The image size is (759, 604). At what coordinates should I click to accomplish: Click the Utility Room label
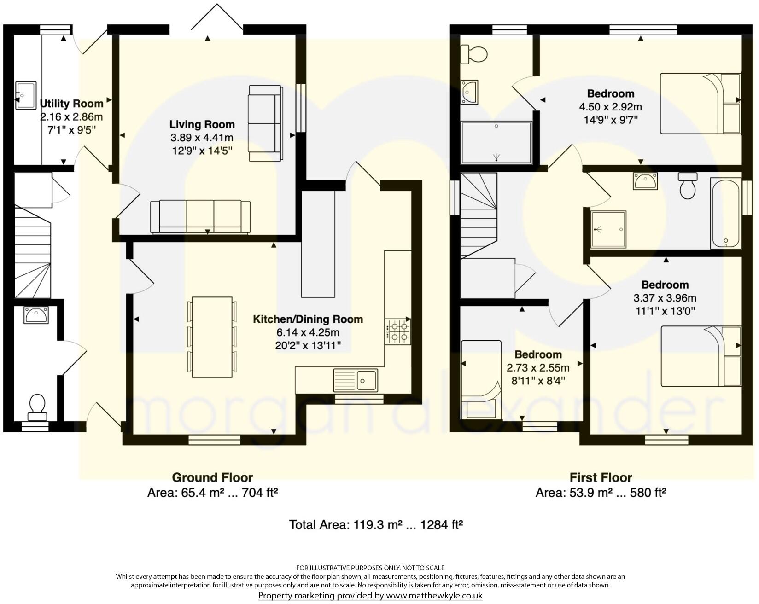71,104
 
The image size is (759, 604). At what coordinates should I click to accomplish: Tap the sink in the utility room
26,95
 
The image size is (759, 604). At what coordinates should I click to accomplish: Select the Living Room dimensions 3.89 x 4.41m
202,137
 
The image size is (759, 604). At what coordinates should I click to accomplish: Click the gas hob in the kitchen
398,332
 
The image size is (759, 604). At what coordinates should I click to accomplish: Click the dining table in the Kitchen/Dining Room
212,337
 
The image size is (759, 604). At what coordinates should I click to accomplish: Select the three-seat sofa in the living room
200,216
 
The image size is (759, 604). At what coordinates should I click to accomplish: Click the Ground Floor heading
212,477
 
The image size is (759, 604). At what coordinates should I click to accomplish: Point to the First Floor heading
601,477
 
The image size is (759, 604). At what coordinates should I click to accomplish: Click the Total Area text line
375,524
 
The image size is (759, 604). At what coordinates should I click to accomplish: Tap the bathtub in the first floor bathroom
725,213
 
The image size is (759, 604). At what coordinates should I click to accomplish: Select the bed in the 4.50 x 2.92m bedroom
700,104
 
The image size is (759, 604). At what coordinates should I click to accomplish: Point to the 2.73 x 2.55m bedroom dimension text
538,368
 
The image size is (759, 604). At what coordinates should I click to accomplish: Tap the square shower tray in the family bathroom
609,229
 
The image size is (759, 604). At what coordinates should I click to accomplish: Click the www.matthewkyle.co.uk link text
434,595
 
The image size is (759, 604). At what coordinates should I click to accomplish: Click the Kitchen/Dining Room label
308,319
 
